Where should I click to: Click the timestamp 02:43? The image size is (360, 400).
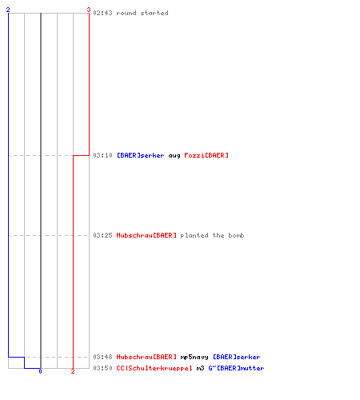point(102,13)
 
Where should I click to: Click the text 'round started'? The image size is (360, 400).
point(142,13)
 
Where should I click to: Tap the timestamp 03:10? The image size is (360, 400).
point(102,155)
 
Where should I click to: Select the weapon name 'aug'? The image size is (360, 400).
point(174,156)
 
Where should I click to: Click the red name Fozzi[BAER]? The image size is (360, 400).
point(206,155)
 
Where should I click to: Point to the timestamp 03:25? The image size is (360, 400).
point(102,235)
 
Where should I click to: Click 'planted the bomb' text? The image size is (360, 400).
point(212,235)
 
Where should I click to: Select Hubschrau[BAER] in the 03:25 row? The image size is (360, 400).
point(146,235)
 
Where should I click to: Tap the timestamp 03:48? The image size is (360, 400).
point(102,357)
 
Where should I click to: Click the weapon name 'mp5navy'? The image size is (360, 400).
point(194,358)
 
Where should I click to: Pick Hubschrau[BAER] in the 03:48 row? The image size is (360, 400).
point(146,357)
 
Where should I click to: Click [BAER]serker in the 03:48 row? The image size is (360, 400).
point(237,357)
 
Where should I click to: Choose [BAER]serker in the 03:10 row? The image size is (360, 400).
point(141,155)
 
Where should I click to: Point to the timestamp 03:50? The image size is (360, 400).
point(102,368)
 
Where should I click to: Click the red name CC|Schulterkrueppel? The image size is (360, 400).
point(154,368)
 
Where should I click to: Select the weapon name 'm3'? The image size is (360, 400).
point(200,368)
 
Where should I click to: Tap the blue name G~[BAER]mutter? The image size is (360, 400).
point(236,368)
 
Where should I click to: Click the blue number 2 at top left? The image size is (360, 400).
point(8,10)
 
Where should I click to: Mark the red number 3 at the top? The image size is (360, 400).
point(89,10)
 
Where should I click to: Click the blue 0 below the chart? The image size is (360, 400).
point(40,371)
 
